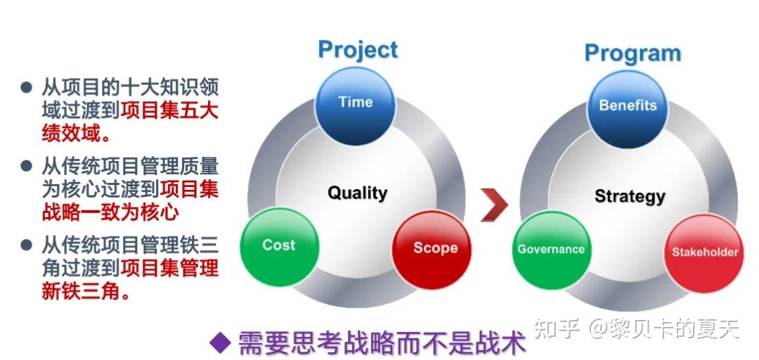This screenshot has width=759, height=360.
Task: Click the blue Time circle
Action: coord(355,104)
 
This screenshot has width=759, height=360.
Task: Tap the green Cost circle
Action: coord(279,246)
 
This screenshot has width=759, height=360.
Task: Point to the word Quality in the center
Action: coord(357,193)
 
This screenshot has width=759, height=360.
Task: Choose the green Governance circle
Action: coord(551,250)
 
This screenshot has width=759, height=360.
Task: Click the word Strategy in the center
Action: coord(630,195)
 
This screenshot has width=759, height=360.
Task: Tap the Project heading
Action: coord(358,50)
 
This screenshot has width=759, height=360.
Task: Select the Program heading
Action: coord(632,53)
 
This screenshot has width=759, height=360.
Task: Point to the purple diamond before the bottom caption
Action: coord(221,343)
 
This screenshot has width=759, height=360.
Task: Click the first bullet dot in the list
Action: coord(27,88)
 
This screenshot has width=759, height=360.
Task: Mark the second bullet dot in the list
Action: coord(27,167)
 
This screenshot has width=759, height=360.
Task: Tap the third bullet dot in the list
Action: coord(27,245)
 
